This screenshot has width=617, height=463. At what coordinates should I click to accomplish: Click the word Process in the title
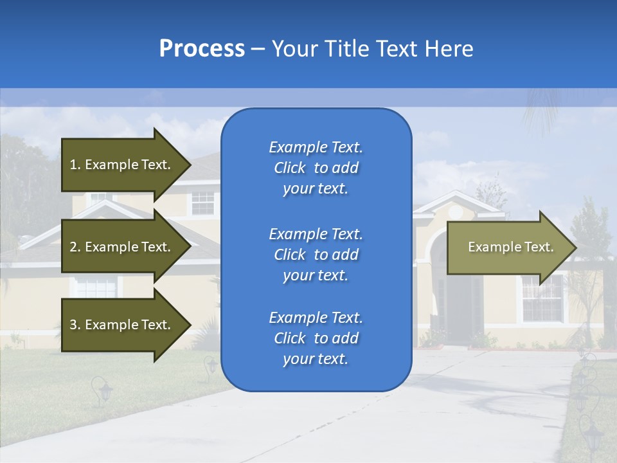coord(202,49)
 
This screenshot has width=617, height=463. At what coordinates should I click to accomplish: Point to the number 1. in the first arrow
coord(75,165)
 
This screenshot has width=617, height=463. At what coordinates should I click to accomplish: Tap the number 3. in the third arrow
coord(75,325)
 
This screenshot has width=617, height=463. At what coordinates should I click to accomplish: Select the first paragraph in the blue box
coord(316,168)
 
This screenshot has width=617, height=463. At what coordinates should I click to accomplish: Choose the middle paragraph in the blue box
coord(316,255)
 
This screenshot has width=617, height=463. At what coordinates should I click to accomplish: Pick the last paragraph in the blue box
coord(316,338)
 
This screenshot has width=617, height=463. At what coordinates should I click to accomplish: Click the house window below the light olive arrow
coord(542,299)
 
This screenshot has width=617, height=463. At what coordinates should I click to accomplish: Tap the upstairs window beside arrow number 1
coord(203,203)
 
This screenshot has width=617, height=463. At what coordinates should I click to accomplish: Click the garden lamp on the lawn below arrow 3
coord(102,391)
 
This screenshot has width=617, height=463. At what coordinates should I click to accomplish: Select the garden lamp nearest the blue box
coord(211,367)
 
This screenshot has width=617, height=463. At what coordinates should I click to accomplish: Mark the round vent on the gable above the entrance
coord(455,210)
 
